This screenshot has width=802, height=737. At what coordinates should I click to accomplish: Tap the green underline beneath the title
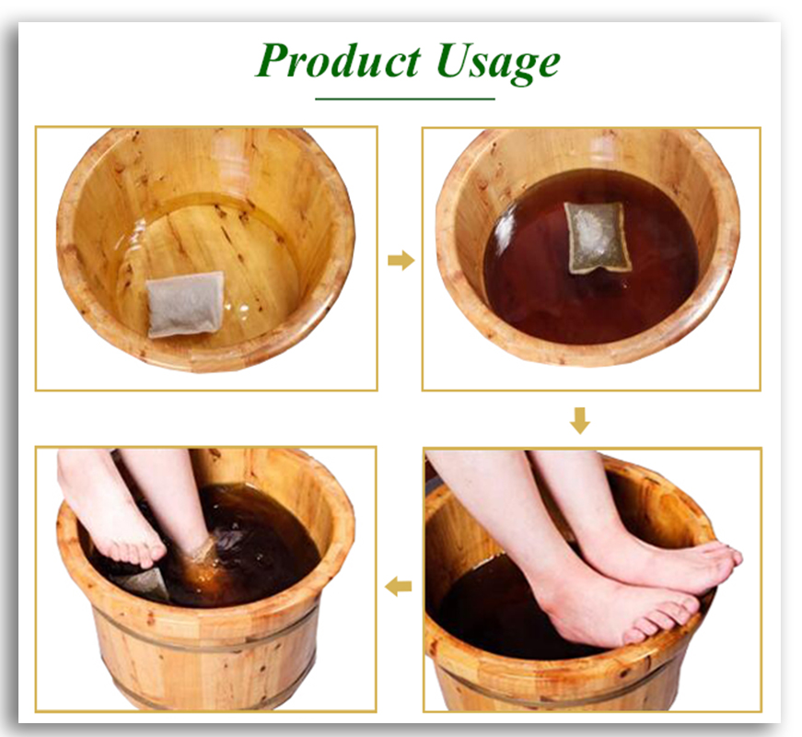[405, 99]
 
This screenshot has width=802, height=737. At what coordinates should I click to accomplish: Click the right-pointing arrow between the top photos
[401, 261]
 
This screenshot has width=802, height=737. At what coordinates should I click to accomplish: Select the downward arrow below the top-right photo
[579, 421]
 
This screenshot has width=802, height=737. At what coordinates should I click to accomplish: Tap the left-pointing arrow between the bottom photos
[399, 585]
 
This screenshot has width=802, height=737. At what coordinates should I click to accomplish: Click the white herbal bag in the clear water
[185, 303]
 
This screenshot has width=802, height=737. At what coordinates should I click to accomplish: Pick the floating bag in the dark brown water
[597, 237]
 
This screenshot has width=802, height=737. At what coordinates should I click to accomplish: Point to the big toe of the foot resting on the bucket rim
[725, 555]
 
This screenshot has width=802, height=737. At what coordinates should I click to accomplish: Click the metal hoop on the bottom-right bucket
[552, 686]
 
